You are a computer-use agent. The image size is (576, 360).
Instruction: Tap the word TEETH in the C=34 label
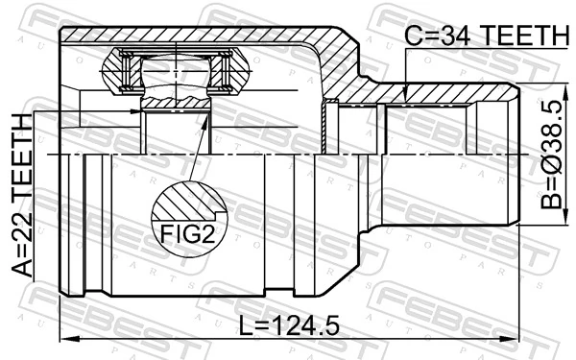[523, 36]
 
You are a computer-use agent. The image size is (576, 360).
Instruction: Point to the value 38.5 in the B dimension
[549, 115]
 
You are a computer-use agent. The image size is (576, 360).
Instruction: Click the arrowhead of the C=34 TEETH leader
[407, 92]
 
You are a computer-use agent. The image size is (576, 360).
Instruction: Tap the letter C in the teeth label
[414, 36]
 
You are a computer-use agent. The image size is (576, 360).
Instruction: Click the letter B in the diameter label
[549, 204]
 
